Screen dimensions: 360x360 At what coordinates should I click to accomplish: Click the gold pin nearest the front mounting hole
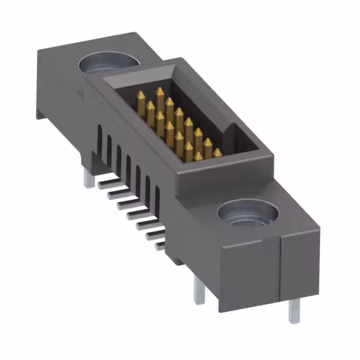click(217, 153)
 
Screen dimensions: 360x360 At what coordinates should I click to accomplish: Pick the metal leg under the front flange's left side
click(200, 291)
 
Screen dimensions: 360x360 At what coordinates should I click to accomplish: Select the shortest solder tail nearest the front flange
click(160, 245)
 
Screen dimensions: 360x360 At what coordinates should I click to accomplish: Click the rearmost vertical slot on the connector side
click(100, 139)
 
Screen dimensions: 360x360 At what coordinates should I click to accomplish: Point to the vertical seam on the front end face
click(281, 270)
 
